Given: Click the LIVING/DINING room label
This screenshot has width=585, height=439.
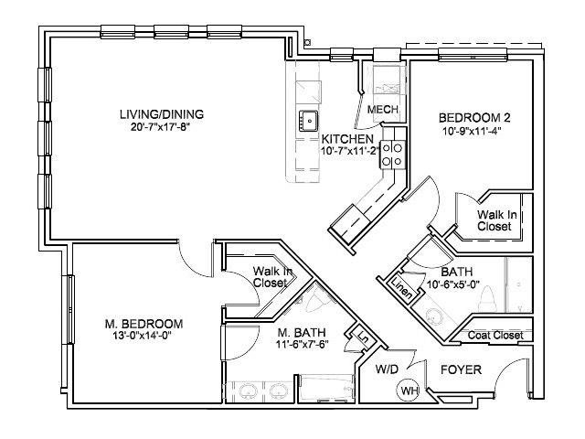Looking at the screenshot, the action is coord(162,114).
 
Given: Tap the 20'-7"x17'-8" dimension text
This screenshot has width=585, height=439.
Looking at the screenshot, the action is coord(161,127).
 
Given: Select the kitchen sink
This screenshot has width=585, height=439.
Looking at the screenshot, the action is coord(308,120).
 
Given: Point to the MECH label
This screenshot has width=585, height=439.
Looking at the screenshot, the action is coord(382,110).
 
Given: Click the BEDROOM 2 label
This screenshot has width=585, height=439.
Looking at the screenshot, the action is coord(474,118).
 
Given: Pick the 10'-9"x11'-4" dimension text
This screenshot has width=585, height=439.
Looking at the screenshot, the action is coord(472,132).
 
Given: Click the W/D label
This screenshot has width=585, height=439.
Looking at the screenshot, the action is coord(387,369).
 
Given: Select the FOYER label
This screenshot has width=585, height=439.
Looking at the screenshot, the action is coord(461,369).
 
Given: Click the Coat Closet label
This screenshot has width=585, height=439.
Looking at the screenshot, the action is coord(495,336).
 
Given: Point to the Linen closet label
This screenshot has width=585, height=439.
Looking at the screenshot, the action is coord(401,288).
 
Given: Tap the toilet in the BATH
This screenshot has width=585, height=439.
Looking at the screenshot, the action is coord(487,298).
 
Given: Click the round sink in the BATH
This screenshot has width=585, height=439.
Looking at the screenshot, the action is coord(433,316).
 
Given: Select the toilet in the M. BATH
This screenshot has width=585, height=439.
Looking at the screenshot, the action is coord(314,299).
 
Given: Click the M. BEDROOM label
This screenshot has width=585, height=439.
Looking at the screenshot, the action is coord(144,324).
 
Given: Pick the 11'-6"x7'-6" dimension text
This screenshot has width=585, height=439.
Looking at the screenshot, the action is coord(303,345).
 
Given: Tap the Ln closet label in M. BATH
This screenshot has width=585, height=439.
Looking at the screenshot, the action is coord(362,338).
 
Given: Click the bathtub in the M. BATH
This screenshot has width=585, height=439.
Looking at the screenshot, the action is coord(327,388).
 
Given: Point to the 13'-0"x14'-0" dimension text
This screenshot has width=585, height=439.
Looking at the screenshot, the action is coord(142,336).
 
